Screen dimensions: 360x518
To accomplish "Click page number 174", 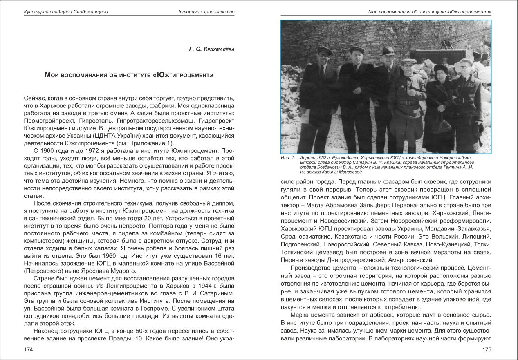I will coord(28,349).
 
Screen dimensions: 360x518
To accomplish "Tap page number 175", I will coord(486,349).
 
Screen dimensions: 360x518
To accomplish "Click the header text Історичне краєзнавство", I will coord(206,12).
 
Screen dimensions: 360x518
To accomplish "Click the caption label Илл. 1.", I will coord(288,157).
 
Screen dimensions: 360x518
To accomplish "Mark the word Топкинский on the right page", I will coord(297,252).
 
